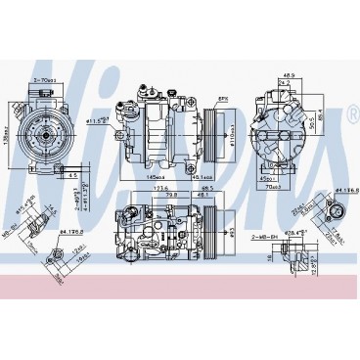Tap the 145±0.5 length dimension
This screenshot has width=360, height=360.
[157, 176]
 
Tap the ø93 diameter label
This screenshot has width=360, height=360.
[232, 231]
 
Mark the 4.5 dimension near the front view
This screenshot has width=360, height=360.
[72, 176]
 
